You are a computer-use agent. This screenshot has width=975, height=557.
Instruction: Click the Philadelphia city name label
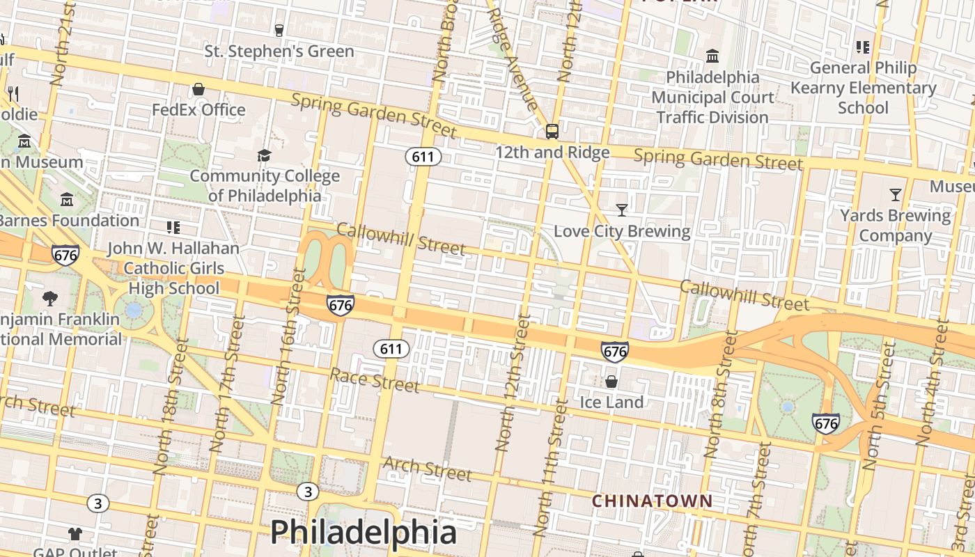tap(363, 533)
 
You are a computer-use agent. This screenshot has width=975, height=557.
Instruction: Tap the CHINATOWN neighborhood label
tap(652, 501)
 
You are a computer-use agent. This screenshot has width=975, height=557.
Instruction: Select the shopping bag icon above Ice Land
tap(611, 382)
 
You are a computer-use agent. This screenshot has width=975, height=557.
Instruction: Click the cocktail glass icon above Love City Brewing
tap(622, 210)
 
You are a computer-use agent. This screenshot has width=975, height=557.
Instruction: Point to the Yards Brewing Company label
tap(895, 226)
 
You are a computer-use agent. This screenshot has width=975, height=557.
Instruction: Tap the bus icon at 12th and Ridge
tap(552, 131)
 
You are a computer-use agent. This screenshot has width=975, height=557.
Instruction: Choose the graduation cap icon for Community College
tap(264, 155)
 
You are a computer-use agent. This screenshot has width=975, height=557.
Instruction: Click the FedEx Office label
tap(198, 110)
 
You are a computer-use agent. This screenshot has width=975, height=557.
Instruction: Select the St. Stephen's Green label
tap(279, 52)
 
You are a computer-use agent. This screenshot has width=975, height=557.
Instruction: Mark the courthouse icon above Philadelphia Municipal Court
tap(712, 56)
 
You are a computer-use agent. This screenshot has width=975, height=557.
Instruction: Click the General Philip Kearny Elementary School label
tap(863, 88)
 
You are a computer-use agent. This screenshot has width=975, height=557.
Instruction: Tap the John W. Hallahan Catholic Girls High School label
tap(173, 268)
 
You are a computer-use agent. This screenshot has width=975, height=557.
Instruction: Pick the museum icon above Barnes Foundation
tap(67, 200)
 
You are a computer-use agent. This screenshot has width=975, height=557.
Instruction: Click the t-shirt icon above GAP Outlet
tap(75, 534)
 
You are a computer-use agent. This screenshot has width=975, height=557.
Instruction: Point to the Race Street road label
tap(374, 380)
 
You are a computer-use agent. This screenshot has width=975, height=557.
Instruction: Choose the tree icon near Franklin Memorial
tap(49, 299)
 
